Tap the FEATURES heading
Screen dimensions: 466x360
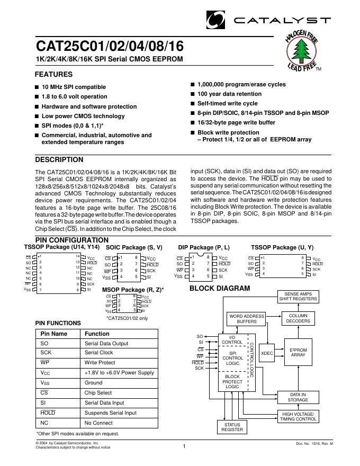click(x=53, y=75)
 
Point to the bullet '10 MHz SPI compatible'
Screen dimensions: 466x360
click(x=74, y=87)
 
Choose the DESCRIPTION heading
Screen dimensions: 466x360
click(x=59, y=160)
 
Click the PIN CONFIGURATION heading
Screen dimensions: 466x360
click(x=71, y=240)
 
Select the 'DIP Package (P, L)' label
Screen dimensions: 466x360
click(x=204, y=247)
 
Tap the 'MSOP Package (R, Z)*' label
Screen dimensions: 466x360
click(x=133, y=290)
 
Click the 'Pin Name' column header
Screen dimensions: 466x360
click(x=54, y=334)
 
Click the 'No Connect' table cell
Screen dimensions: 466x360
click(x=98, y=423)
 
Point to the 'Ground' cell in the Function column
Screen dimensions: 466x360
click(x=94, y=383)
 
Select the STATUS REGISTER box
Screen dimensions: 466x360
click(x=232, y=427)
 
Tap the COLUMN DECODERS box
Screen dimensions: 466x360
click(x=299, y=318)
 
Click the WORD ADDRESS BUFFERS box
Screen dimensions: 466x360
click(x=247, y=319)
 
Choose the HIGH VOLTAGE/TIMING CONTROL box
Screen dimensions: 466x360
click(x=299, y=416)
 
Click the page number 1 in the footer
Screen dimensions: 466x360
click(x=184, y=447)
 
